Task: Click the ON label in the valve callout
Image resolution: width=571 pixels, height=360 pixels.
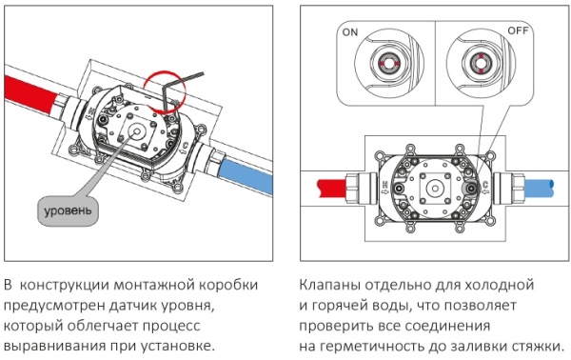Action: point(350,32)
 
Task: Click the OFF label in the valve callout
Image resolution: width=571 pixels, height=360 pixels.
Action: point(518,30)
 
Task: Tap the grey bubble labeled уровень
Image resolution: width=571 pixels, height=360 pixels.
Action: point(68,211)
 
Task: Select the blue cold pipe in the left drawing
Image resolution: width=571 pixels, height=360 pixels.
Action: point(246,176)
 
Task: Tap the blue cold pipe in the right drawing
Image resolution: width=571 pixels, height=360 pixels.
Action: point(539,188)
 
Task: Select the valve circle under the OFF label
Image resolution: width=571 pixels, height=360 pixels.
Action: point(481,63)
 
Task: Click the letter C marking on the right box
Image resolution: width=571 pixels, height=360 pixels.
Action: point(485,185)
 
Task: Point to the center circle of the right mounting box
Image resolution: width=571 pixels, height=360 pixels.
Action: point(435,189)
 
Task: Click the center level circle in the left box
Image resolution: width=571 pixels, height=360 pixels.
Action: point(137,131)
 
